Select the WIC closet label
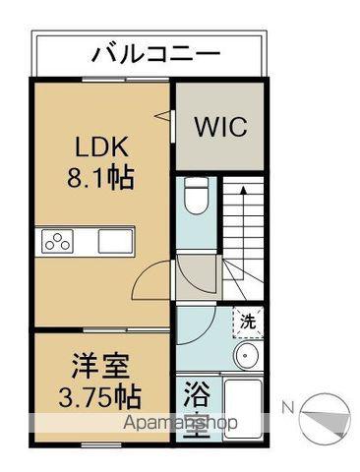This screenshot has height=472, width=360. tap(220, 128)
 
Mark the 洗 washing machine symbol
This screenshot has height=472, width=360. tap(248, 319)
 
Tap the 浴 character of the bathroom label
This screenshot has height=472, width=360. tap(195, 397)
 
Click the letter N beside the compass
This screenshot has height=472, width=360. tap(288, 406)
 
